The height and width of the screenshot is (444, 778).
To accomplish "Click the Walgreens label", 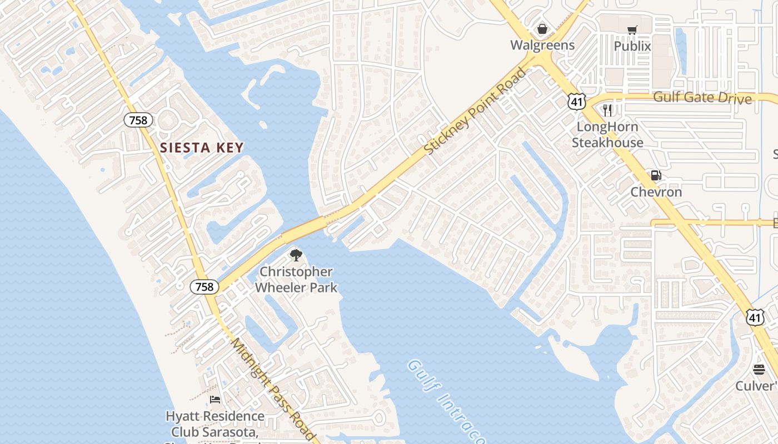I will [542, 44].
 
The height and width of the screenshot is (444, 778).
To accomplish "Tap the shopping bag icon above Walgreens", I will [542, 29].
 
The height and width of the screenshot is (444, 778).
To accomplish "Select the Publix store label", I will [632, 46].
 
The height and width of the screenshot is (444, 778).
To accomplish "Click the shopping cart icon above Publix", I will [632, 30].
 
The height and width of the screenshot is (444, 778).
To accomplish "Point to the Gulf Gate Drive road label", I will [702, 98].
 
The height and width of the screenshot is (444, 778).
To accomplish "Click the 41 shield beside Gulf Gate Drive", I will [577, 101].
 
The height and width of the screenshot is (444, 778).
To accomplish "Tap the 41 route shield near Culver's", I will [755, 317].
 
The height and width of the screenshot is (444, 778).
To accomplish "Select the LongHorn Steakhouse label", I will [607, 134].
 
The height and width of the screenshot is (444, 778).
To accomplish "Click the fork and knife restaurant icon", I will [607, 110].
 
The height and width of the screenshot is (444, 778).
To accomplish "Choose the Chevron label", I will [656, 192].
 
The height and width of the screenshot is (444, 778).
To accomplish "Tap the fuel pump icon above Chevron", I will [656, 176].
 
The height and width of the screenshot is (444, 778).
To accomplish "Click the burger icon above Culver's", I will [759, 370].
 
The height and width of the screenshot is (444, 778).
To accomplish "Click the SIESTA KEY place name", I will [202, 148].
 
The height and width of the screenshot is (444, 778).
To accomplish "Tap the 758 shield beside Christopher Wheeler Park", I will [205, 286].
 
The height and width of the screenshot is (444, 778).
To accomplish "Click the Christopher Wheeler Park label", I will [297, 280].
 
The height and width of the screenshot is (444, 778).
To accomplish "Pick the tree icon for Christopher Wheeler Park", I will [296, 255].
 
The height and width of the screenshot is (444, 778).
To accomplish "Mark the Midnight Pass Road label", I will [273, 389].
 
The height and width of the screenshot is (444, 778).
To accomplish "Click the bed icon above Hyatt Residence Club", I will [215, 400].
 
